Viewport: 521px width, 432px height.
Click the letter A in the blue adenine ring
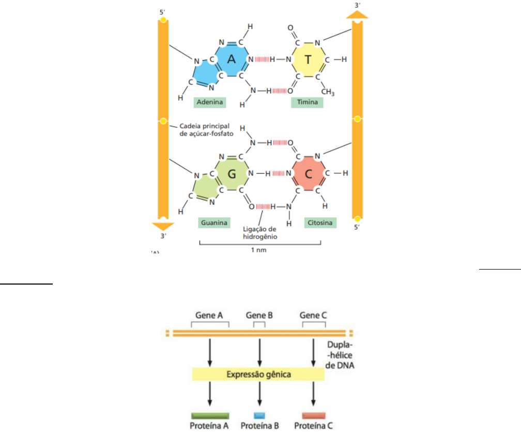[231, 59]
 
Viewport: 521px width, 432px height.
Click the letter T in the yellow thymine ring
[308, 59]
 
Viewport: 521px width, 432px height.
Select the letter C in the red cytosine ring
[308, 174]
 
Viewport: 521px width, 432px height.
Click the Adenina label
[210, 102]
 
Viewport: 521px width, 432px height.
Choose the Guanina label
[213, 223]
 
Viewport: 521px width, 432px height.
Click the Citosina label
[320, 223]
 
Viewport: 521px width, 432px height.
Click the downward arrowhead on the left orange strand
[163, 226]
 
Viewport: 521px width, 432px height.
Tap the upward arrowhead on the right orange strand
[357, 13]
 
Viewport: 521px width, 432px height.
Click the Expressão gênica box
[258, 374]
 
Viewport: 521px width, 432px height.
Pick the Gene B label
[259, 315]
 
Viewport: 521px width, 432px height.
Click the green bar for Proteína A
[210, 415]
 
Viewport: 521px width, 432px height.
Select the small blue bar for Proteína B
[259, 415]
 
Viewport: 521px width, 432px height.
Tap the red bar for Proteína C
[314, 415]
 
